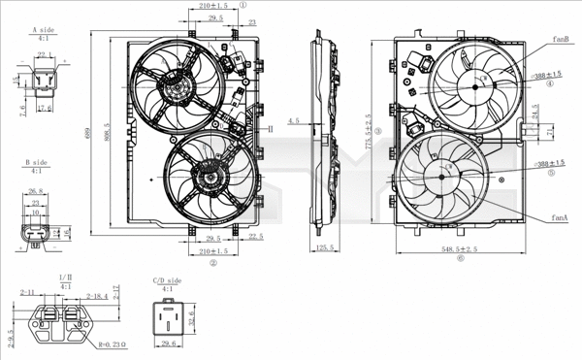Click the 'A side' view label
click(x=41, y=32)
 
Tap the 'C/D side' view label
click(x=166, y=280)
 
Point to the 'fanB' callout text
click(x=560, y=39)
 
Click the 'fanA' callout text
click(x=560, y=218)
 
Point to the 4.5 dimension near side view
click(x=294, y=121)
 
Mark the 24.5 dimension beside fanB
click(x=534, y=115)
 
